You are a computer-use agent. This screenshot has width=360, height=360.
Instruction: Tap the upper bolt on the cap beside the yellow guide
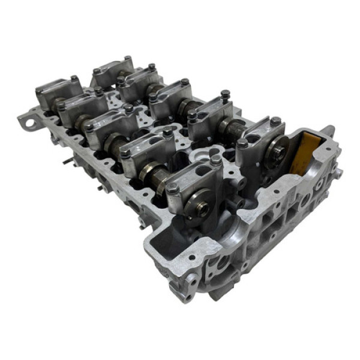[275, 121]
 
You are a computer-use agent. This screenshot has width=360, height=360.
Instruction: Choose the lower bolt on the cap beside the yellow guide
[242, 144]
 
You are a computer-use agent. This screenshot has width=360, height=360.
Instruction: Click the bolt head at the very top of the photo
[127, 59]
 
